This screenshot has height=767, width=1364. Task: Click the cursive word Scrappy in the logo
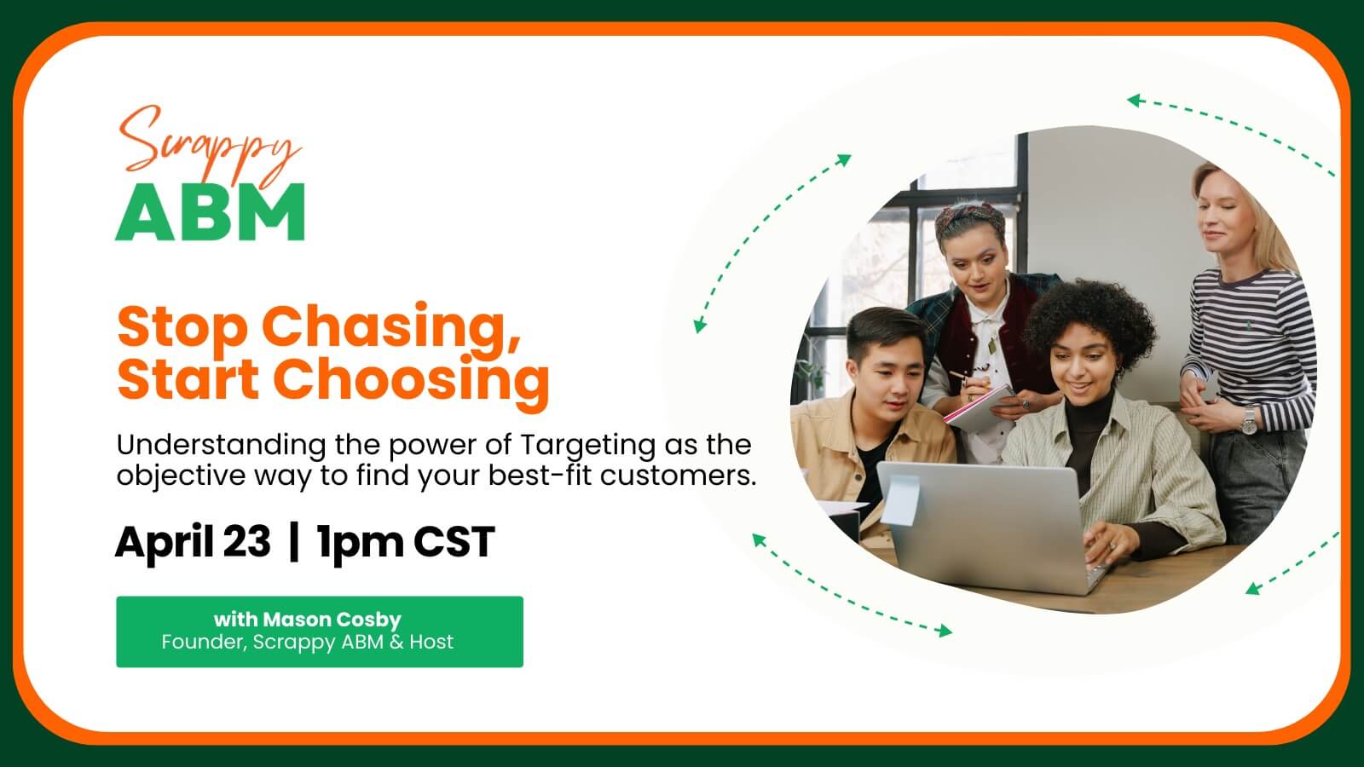click(207, 146)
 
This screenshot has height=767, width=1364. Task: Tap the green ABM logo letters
click(210, 212)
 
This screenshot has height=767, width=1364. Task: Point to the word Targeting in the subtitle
click(587, 446)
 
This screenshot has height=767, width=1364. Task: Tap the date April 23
click(193, 542)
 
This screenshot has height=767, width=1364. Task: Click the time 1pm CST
click(406, 542)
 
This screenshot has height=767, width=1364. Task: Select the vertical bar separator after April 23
click(294, 542)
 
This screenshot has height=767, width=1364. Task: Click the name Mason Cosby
click(332, 620)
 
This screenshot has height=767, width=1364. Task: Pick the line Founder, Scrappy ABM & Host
click(308, 643)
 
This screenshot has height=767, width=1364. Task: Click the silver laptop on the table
click(990, 527)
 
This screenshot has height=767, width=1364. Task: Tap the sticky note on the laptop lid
click(900, 500)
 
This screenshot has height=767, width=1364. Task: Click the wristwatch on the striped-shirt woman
click(1248, 421)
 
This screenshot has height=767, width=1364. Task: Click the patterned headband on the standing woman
click(969, 218)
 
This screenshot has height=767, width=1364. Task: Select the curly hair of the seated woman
click(1090, 320)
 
